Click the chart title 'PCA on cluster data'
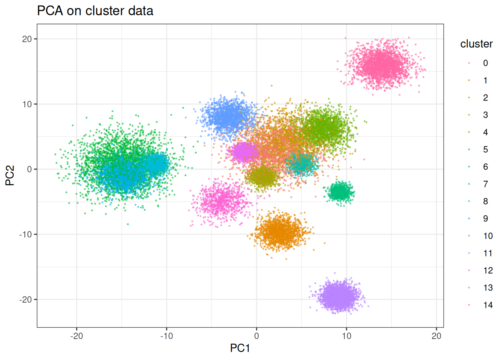point(95,11)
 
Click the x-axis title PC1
point(240,348)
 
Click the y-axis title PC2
point(10,175)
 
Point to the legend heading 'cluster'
point(476,44)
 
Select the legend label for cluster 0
point(485,63)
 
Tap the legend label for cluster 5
point(485,150)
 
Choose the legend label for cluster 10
point(488,236)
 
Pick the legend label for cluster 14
point(488,305)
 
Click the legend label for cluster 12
point(488,270)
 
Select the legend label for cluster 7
point(485,184)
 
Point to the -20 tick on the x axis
point(76,336)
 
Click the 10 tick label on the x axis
point(346,336)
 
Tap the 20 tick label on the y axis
point(27,39)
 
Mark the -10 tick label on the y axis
point(25,234)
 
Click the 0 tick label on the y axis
point(30,169)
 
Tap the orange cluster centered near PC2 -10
point(280,232)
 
